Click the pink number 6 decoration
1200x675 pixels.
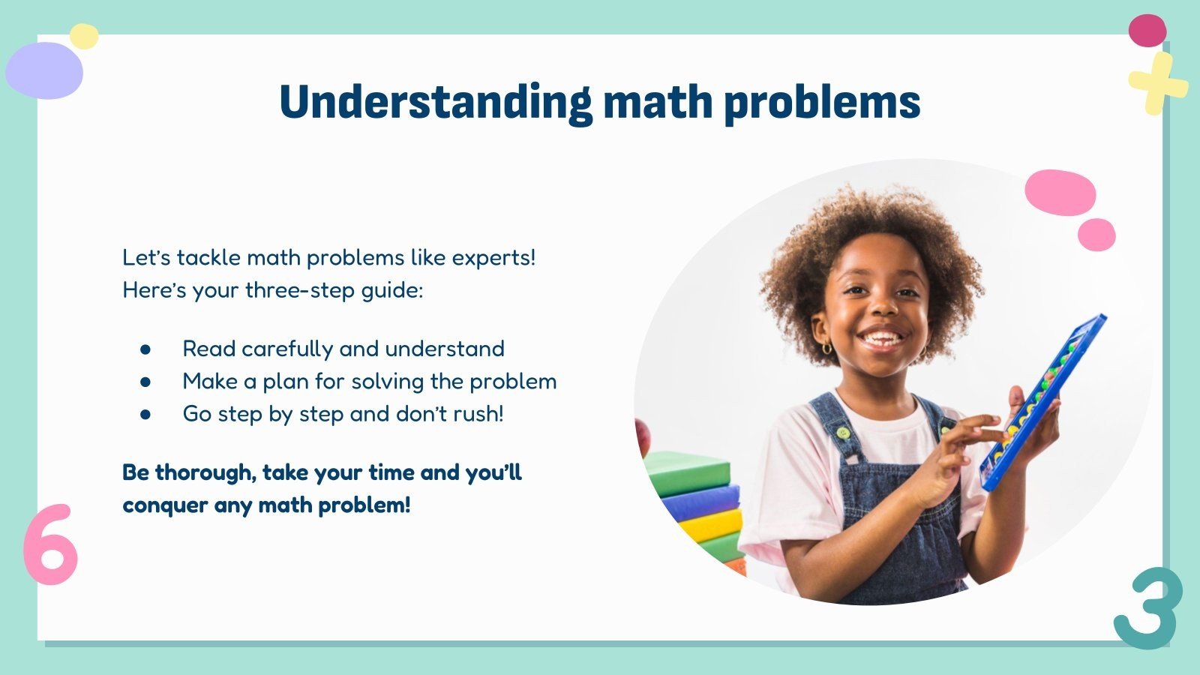coord(50,546)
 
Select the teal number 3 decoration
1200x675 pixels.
coord(1148,607)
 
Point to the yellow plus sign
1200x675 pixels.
coord(1157,82)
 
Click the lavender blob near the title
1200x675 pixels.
coord(43,70)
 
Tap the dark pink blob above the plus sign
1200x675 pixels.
coord(1147,31)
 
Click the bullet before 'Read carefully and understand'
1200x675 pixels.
coord(145,349)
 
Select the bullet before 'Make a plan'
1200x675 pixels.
coord(145,382)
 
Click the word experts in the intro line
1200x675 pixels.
coord(491,258)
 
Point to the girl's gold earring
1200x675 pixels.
coord(826,348)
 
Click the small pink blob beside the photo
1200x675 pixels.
coord(1096,235)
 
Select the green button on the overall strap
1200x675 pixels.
coord(844,432)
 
